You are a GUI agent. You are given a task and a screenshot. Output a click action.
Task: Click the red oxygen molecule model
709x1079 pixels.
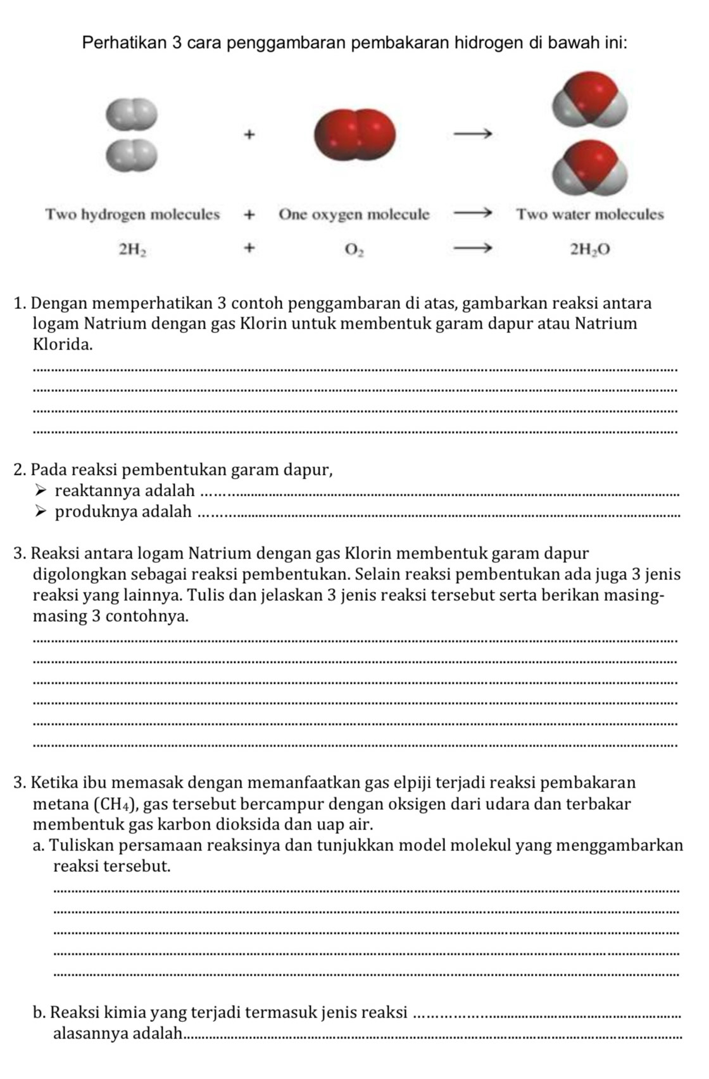[x=354, y=134]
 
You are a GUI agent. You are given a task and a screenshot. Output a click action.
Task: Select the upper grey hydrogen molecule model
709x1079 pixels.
[x=131, y=112]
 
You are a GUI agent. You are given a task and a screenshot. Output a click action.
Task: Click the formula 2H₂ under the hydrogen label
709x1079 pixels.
[x=133, y=249]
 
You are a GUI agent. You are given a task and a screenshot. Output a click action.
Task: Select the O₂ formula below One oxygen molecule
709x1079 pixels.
[x=354, y=249]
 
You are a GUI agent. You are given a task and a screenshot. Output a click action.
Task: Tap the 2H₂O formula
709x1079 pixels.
[x=590, y=249]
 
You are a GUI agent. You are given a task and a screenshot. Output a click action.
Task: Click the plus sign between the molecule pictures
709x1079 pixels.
[x=249, y=134]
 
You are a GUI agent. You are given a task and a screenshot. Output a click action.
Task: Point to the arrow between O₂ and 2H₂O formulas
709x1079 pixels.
[x=472, y=248]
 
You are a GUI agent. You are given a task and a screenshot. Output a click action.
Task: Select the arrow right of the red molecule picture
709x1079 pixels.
[x=472, y=134]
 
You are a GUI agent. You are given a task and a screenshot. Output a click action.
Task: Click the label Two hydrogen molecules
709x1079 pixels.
[x=132, y=215]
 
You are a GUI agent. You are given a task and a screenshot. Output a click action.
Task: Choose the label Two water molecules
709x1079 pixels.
[x=590, y=215]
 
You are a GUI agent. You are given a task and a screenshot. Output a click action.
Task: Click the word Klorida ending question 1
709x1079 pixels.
[x=63, y=345]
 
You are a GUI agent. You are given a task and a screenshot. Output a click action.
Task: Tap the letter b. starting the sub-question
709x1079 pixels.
[x=39, y=1013]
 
